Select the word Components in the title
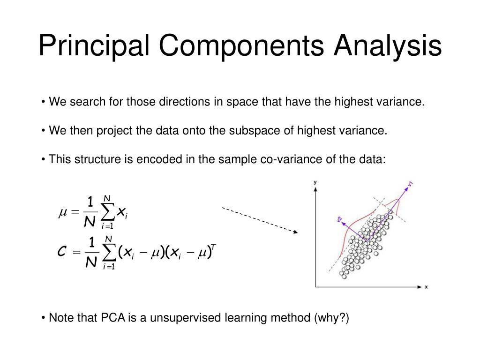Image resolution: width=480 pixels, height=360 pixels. point(241,47)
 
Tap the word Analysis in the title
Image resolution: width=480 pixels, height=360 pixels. point(388,47)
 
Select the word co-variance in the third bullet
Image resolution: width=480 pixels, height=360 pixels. point(288,159)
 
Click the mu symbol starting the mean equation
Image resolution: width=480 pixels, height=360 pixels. point(62,213)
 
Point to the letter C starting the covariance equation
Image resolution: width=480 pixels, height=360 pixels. point(61,253)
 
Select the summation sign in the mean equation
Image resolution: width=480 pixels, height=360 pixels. point(108,213)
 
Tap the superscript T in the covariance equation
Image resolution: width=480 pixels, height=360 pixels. point(213,247)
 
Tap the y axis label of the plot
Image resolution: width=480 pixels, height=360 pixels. point(315,182)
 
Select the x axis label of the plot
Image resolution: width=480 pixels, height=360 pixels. point(426,287)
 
